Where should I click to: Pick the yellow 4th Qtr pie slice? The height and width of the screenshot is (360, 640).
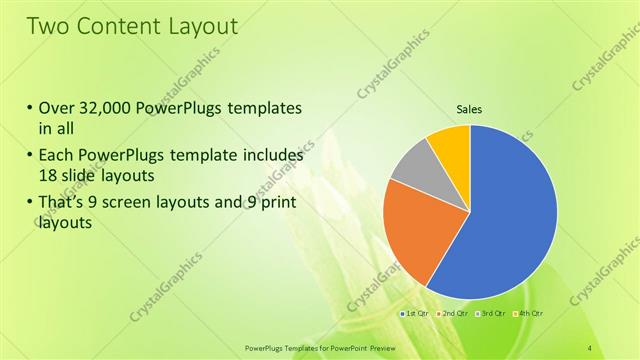click(450, 145)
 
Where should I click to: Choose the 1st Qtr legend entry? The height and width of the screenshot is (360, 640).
click(416, 314)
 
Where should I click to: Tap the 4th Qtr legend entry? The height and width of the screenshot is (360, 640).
click(529, 314)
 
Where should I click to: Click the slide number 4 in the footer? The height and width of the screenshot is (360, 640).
click(591, 347)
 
